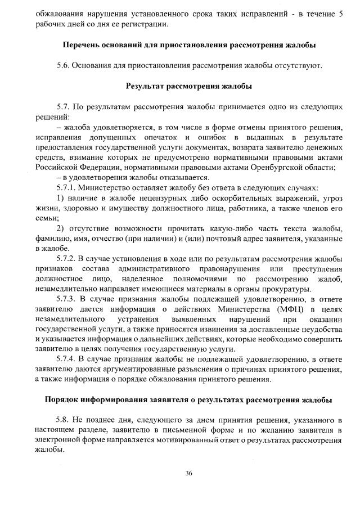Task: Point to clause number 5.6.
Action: point(64,66)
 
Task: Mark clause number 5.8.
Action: point(64,421)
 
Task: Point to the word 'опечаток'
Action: point(159,137)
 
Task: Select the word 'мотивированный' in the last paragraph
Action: point(185,441)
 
